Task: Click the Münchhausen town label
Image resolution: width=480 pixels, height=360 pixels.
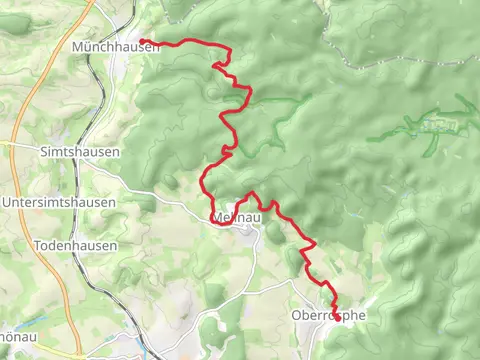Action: tap(116, 47)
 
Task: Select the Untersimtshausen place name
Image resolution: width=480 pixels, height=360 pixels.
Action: tap(59, 202)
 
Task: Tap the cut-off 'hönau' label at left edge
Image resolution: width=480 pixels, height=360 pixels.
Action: tap(18, 337)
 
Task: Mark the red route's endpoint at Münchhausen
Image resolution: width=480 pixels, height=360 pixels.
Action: tap(143, 41)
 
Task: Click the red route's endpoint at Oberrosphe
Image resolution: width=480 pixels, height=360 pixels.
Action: tap(336, 318)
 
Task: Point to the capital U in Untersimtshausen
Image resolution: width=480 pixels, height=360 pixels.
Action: tap(7, 202)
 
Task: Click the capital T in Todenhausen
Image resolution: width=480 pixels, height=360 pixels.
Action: tap(38, 245)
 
